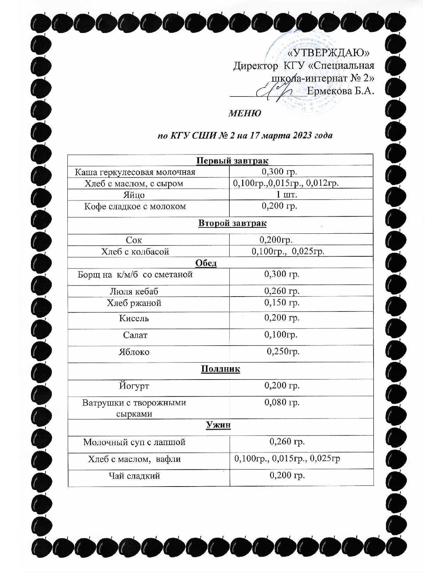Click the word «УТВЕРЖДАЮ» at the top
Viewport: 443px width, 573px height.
tap(329, 53)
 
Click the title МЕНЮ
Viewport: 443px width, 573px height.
tap(244, 114)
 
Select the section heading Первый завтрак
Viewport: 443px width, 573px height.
tap(232, 161)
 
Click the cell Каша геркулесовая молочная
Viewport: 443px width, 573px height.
tap(135, 172)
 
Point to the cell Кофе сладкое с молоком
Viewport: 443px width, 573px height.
tap(135, 206)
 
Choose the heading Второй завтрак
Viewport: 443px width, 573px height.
tap(232, 223)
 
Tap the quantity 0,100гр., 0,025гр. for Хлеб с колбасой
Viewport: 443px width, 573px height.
tap(288, 251)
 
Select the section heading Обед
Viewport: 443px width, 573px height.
tap(206, 263)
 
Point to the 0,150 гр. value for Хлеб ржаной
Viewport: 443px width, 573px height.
tap(282, 302)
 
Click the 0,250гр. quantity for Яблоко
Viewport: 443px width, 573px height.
tap(283, 351)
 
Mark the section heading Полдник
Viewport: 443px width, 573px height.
tap(220, 369)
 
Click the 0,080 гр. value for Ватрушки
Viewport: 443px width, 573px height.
tap(282, 402)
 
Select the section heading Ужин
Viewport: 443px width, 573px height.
tap(218, 425)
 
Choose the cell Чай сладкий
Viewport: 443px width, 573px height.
tap(134, 476)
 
